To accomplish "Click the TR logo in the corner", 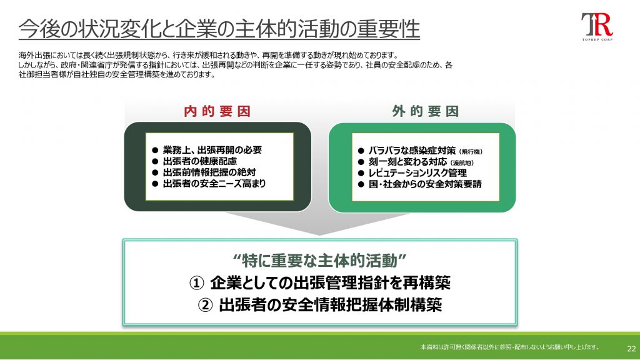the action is [x=597, y=26].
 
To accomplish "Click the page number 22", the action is [x=631, y=349].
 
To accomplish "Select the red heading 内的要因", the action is [x=217, y=111].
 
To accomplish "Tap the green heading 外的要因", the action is [x=425, y=111].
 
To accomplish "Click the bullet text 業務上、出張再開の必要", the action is [x=212, y=150].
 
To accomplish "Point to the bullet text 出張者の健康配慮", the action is [x=200, y=161].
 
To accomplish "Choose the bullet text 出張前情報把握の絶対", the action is [x=209, y=172].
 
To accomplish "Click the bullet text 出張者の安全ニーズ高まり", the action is [x=214, y=184].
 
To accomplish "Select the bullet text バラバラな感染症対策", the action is [x=412, y=151].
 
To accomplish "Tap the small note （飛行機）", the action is [x=471, y=152].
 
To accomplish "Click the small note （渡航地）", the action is [x=462, y=163].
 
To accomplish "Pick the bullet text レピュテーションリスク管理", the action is [x=417, y=173].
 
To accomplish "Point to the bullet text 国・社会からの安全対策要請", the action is [x=425, y=184].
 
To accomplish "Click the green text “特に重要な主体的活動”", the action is [x=320, y=261].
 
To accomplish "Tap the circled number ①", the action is [x=196, y=283].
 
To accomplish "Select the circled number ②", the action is [x=205, y=305].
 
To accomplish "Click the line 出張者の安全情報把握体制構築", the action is [x=330, y=305].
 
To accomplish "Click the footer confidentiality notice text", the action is [x=509, y=347].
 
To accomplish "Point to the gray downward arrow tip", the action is [x=320, y=235].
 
